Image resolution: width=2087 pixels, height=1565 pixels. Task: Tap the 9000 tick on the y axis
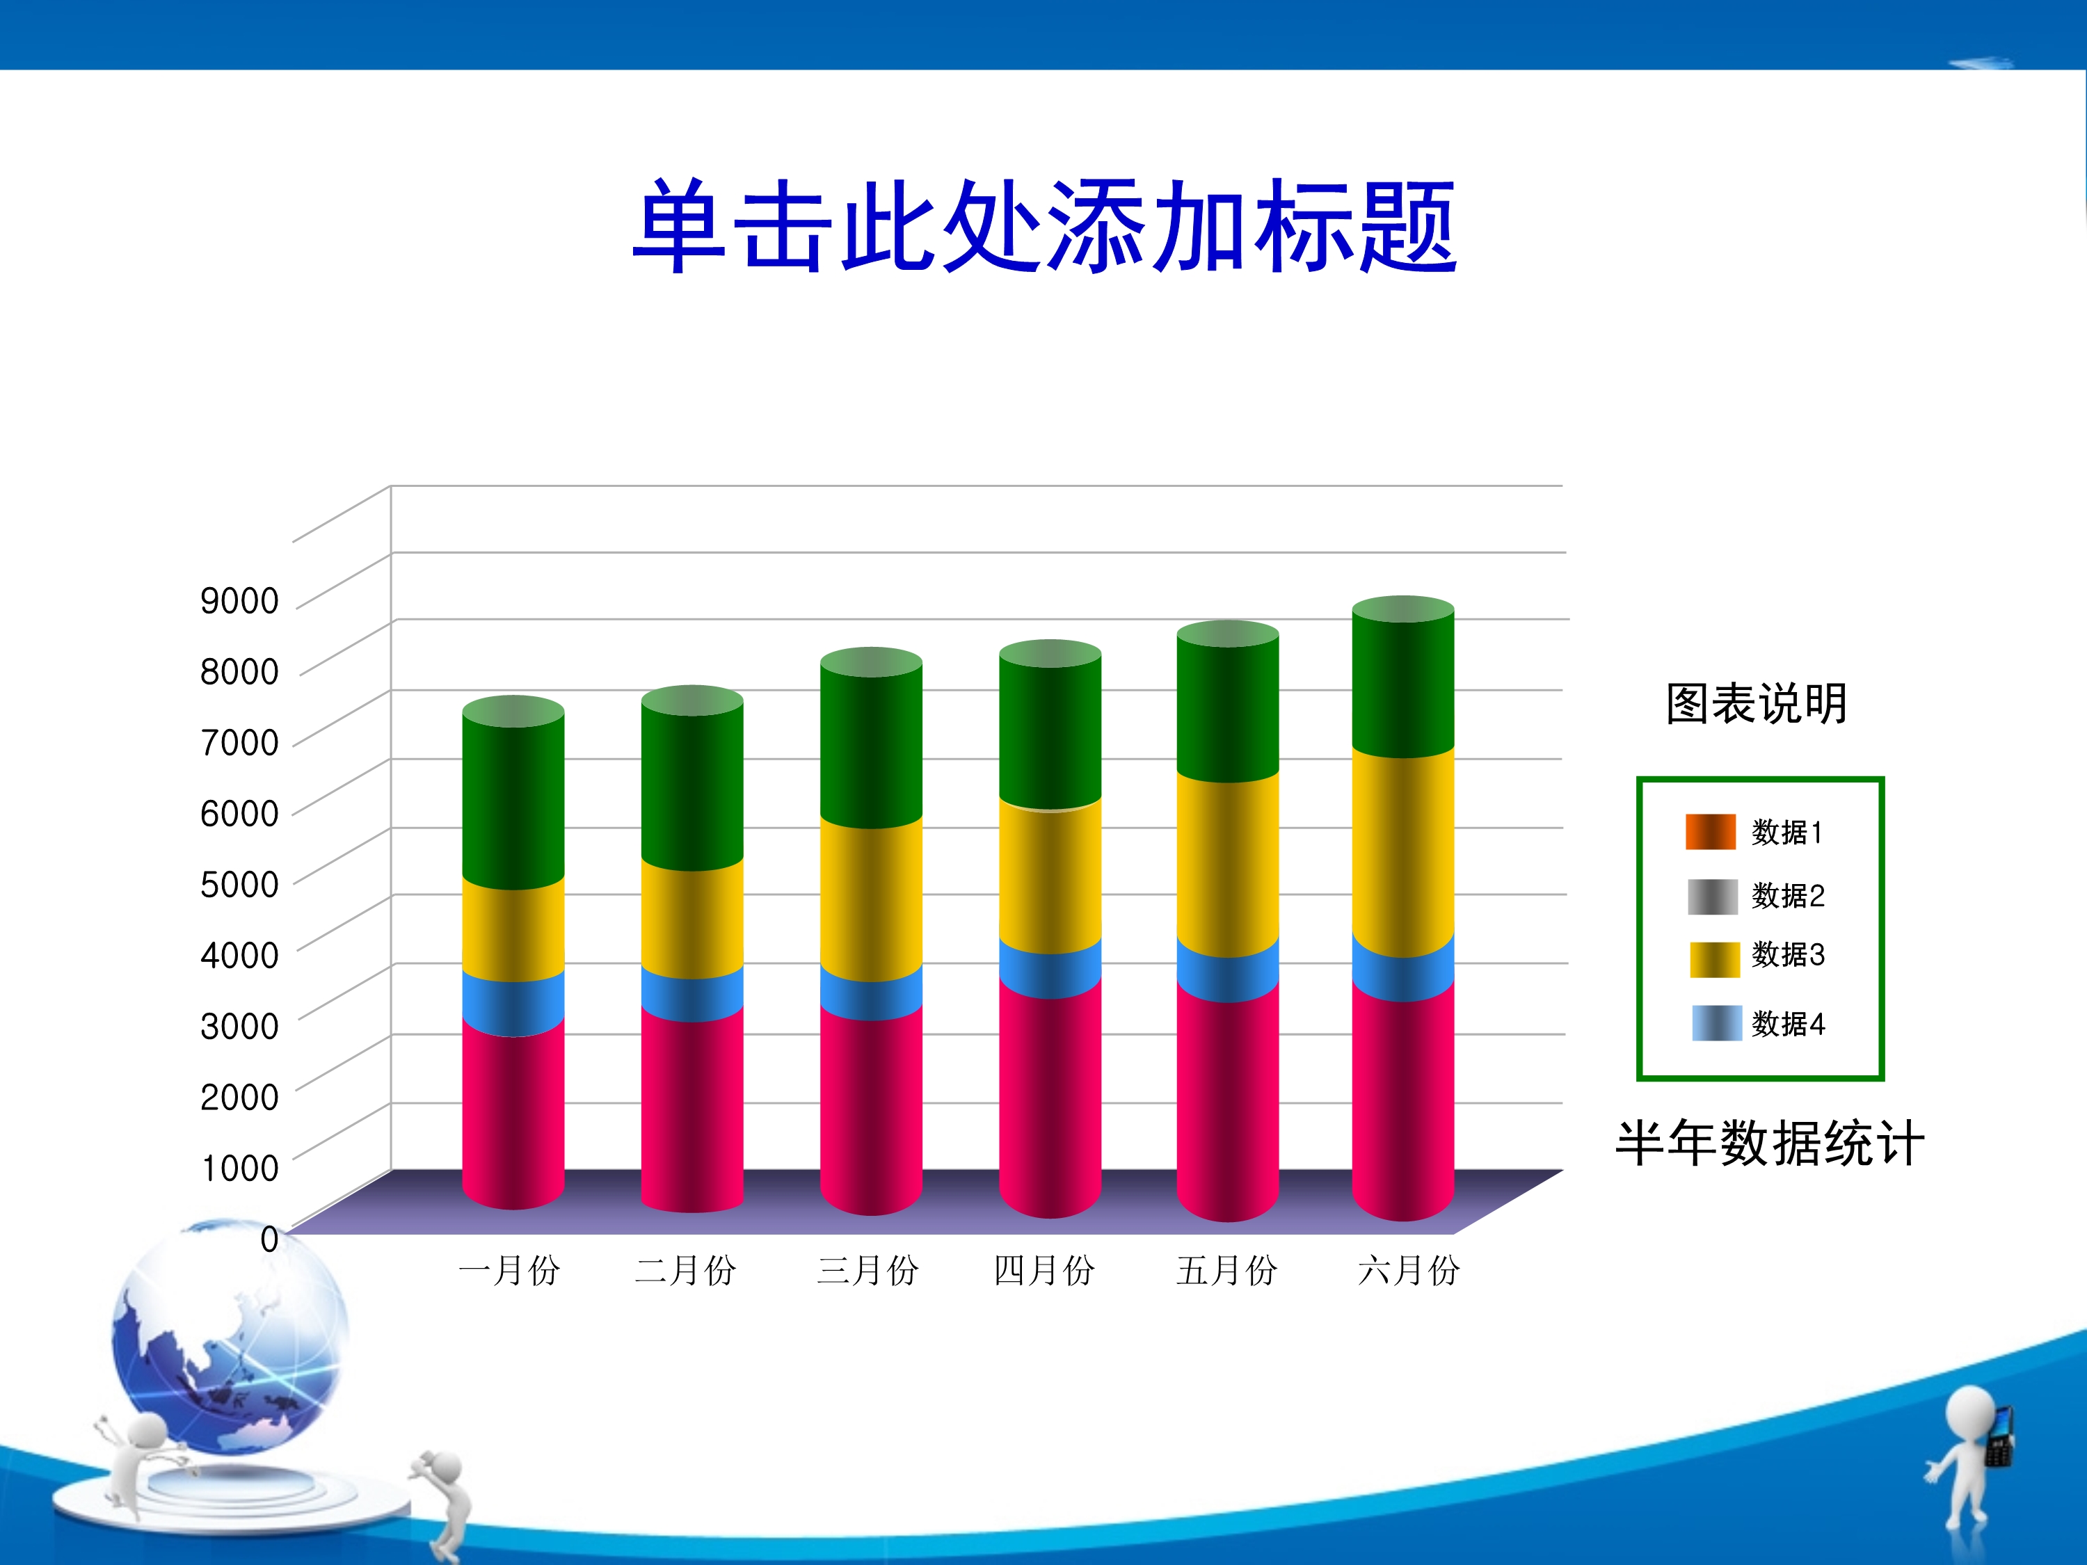pyautogui.click(x=239, y=601)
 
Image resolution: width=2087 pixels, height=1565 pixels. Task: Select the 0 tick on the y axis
pyautogui.click(x=270, y=1239)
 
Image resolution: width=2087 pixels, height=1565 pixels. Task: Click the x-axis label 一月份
pyautogui.click(x=509, y=1271)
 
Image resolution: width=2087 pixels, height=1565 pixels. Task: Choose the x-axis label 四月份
pyautogui.click(x=1044, y=1271)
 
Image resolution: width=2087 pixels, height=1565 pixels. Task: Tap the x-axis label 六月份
pyautogui.click(x=1409, y=1271)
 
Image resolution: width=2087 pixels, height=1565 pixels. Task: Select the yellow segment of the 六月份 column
pyautogui.click(x=1403, y=853)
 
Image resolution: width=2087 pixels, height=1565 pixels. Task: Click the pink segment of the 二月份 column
pyautogui.click(x=692, y=1109)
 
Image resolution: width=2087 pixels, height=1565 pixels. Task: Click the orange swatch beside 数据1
pyautogui.click(x=1711, y=832)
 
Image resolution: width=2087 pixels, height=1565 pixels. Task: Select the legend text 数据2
pyautogui.click(x=1788, y=895)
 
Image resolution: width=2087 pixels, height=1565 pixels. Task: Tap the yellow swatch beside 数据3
pyautogui.click(x=1714, y=959)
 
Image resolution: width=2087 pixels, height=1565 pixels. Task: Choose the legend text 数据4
pyautogui.click(x=1788, y=1024)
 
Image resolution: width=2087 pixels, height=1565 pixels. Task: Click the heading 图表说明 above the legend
pyautogui.click(x=1757, y=704)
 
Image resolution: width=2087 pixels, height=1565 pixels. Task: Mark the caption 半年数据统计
pyautogui.click(x=1770, y=1143)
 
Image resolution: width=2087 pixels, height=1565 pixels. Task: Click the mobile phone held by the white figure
pyautogui.click(x=1999, y=1438)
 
